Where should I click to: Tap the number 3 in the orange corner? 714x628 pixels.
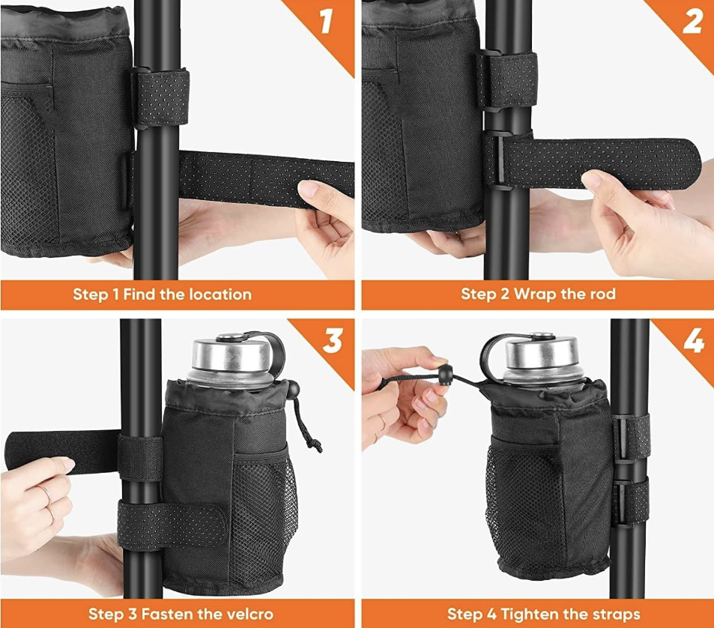point(333,340)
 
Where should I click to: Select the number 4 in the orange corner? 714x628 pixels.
point(694,340)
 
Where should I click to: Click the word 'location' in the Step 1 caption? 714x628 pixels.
point(220,295)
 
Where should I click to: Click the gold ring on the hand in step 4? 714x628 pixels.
point(383,421)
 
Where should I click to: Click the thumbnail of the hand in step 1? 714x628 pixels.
point(308,189)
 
